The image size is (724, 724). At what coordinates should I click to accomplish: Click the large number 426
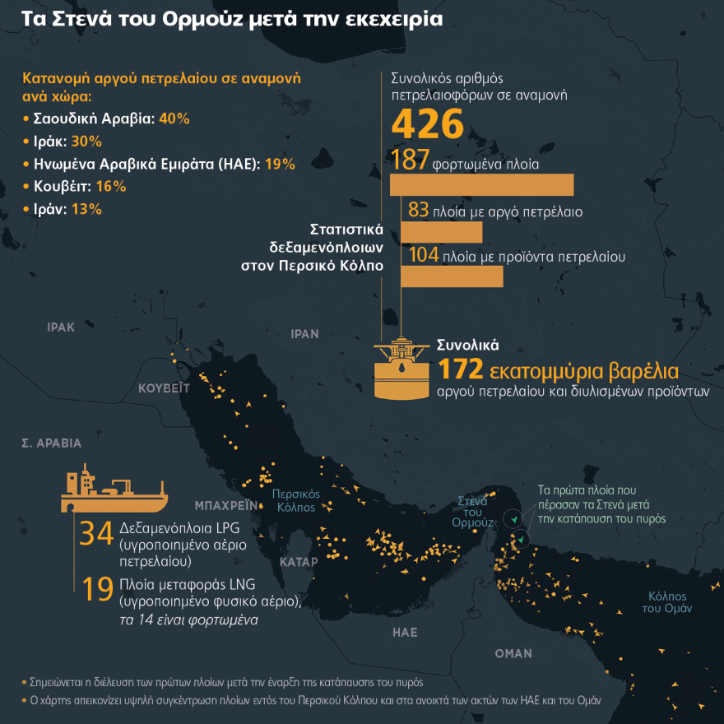tap(427, 124)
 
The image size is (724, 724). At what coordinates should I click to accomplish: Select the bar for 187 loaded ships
tap(481, 184)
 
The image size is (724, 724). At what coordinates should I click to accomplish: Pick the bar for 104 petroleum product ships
tap(452, 276)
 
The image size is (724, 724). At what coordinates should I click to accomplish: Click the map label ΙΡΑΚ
tap(61, 327)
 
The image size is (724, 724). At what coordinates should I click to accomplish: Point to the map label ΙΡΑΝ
tap(304, 334)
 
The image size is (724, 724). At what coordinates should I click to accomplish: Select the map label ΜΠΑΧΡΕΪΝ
tap(221, 504)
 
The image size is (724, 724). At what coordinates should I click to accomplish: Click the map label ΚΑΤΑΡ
tap(299, 562)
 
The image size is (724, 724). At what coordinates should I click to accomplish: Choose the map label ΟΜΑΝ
tap(513, 653)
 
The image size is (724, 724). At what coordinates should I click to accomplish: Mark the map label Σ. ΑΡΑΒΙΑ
tap(51, 443)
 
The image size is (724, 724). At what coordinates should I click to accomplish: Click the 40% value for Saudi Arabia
tap(175, 118)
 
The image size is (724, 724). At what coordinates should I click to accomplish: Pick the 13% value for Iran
tap(86, 209)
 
